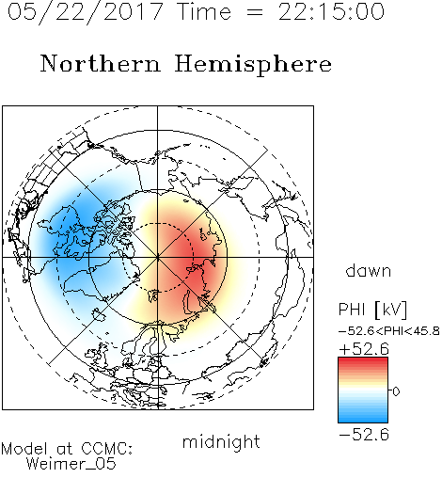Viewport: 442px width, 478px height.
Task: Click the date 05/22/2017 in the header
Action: coord(86,12)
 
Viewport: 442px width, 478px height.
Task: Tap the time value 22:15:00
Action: coord(331,11)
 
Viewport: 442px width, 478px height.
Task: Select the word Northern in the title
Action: coord(100,63)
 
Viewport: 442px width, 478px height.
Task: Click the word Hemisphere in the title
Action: coord(253,65)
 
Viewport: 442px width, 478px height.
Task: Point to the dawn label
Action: coord(369,270)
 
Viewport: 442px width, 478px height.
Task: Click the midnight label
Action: coord(221,443)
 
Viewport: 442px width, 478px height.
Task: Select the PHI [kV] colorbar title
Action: coord(373,310)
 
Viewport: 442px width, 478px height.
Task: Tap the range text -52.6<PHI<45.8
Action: coord(389,331)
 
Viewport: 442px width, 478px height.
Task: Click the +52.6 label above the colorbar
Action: coord(364,349)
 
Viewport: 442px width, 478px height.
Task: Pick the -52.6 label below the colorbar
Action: coord(364,435)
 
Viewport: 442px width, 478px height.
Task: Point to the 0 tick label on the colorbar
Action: coord(396,391)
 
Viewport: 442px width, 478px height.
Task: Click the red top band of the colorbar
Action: coord(363,360)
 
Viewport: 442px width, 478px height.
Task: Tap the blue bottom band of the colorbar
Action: coord(363,419)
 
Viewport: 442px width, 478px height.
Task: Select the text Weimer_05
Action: coord(71,464)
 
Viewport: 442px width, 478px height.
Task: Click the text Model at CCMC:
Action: coord(67,449)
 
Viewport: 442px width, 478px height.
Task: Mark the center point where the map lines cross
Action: coord(158,257)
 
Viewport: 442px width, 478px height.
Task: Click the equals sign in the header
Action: coord(255,12)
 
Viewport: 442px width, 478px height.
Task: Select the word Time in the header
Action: coord(204,11)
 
